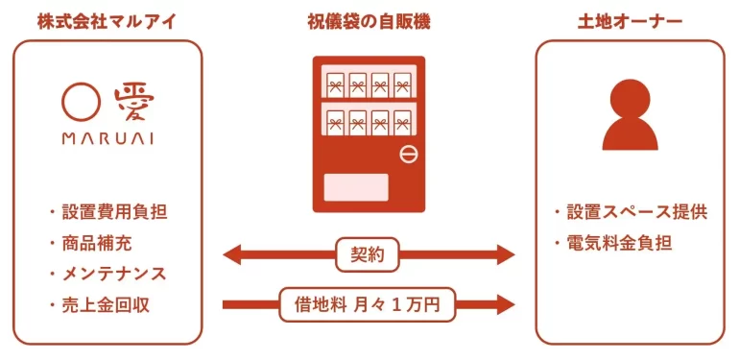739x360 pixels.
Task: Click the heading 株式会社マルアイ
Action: coord(107,20)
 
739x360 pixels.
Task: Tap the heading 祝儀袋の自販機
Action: coord(369,20)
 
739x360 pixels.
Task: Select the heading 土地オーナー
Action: coord(630,20)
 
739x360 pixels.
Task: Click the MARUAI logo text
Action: coord(107,137)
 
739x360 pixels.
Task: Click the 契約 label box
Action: coord(369,254)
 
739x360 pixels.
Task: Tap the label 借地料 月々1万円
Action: coord(369,305)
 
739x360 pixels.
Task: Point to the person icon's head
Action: coord(631,96)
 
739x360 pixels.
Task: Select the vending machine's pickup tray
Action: coord(356,186)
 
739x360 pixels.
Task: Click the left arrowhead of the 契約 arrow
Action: coord(231,254)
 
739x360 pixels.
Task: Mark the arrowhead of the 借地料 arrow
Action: coord(506,305)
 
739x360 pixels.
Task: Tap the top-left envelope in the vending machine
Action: coord(335,84)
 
